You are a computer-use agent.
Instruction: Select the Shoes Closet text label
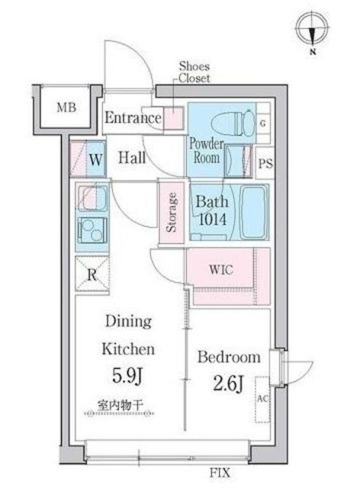coord(194,72)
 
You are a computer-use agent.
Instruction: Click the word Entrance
coord(133,118)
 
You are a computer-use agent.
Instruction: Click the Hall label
coord(132,159)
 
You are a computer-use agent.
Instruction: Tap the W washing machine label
coord(96,160)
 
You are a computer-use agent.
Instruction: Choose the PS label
coord(265,164)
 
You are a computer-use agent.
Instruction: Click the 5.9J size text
coord(129,377)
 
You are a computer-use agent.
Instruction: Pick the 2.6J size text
coord(229,384)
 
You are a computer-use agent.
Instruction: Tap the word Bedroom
coord(229,357)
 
